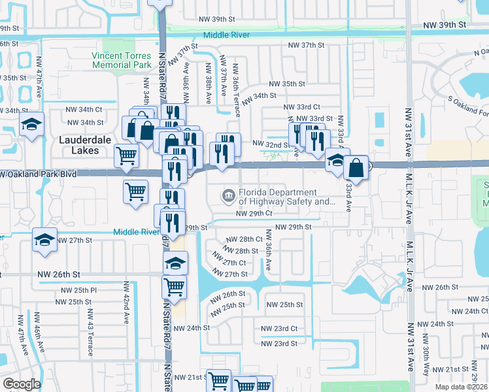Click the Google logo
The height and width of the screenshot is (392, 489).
(21, 384)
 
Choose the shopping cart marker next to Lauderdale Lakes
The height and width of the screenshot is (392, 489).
(126, 155)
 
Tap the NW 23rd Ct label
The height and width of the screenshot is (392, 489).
(279, 329)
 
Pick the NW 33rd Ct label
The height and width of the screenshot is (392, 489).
(302, 106)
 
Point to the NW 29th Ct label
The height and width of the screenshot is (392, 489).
(254, 214)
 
